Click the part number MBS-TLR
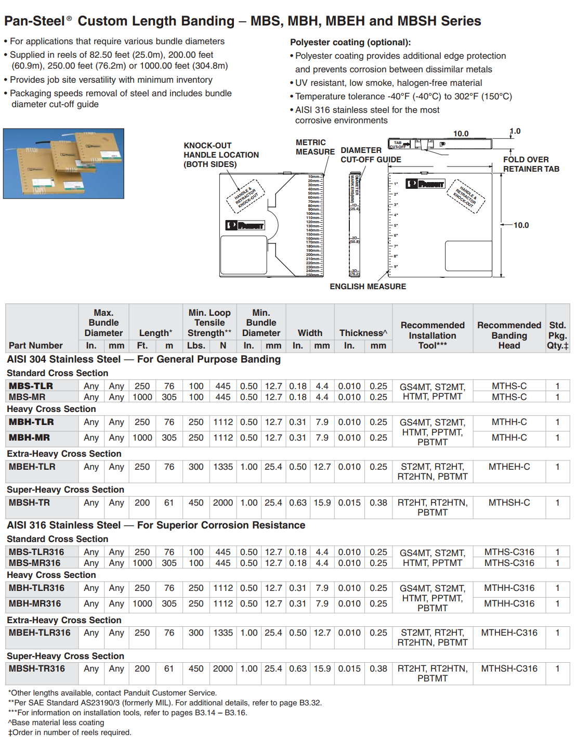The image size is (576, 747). [31, 386]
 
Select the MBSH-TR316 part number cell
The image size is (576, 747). [37, 668]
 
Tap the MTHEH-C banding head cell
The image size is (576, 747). [509, 467]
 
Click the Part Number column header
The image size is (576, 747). [36, 345]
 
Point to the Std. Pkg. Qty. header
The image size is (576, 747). [557, 336]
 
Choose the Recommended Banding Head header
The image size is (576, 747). [509, 336]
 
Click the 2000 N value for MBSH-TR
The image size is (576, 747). [223, 503]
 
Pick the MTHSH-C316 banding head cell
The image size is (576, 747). [509, 668]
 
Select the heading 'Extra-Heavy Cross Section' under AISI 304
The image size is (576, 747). [64, 454]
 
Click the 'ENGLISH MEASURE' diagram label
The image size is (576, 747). [368, 287]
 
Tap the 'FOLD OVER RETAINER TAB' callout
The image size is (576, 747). [531, 164]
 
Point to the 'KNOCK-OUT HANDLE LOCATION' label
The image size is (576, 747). [221, 155]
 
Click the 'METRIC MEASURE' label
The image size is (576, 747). [315, 147]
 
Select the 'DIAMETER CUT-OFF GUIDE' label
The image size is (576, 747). [371, 155]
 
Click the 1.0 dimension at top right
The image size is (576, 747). [515, 132]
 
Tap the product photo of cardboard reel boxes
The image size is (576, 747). [63, 163]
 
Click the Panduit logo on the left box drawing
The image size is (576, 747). [245, 225]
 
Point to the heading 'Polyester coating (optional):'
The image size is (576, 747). [350, 43]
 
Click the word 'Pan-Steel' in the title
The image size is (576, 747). [35, 21]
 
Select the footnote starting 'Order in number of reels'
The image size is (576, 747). [70, 732]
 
